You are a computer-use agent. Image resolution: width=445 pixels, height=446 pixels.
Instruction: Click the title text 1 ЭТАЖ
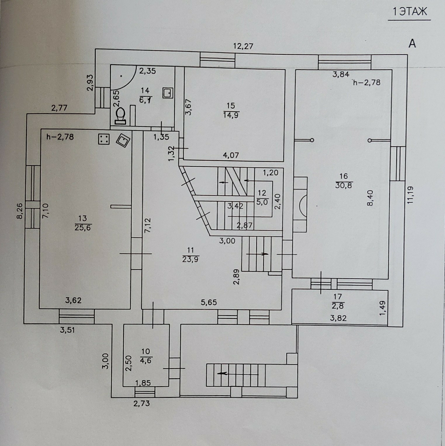(409, 12)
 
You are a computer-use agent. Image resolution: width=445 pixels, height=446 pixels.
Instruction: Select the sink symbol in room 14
(168, 93)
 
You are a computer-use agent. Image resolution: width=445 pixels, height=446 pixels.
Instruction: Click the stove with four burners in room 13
(104, 139)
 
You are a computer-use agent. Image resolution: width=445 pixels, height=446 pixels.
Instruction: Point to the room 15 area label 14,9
(231, 115)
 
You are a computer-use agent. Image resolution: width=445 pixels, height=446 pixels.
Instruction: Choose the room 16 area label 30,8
(344, 185)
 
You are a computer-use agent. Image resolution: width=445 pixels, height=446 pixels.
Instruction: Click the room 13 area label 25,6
(83, 228)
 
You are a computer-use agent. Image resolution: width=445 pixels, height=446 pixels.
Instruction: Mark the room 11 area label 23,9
(191, 259)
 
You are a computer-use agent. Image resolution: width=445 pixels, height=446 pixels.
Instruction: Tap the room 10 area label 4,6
(146, 360)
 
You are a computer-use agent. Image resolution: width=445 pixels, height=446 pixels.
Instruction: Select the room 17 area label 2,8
(337, 306)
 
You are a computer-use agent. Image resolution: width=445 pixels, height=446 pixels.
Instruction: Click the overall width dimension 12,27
(243, 46)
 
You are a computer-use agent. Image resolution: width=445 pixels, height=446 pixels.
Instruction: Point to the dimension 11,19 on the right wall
(411, 195)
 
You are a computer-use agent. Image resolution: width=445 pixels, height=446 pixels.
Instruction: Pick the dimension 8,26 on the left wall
(20, 211)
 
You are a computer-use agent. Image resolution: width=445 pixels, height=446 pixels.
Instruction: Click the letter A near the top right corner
(412, 44)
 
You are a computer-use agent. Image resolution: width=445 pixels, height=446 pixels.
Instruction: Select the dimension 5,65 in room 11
(209, 302)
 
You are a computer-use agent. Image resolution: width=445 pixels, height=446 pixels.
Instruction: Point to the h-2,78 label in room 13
(60, 137)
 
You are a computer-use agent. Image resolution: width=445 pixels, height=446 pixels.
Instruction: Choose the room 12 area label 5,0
(262, 202)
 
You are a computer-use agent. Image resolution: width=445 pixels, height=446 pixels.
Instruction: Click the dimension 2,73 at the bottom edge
(142, 403)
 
